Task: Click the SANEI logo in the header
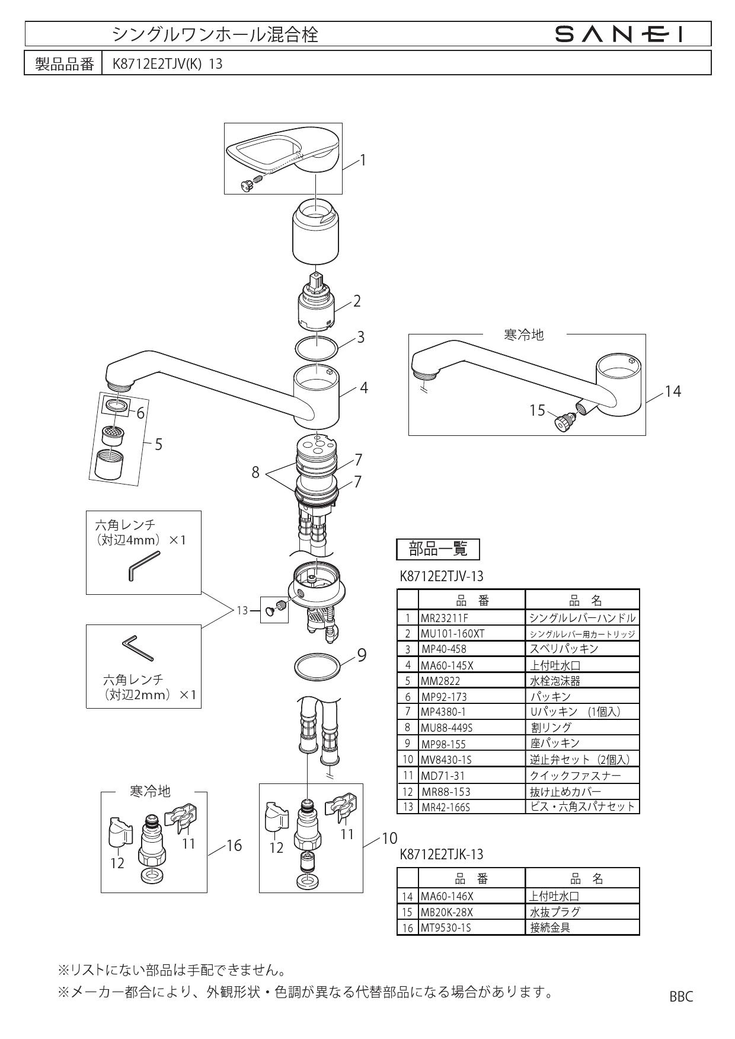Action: point(619,35)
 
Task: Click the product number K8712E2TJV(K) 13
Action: point(168,63)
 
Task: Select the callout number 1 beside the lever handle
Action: point(363,160)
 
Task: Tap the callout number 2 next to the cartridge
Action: point(357,301)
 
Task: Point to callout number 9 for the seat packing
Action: point(362,655)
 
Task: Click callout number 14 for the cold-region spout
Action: point(673,391)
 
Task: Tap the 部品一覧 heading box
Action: point(437,549)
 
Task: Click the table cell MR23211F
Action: point(445,618)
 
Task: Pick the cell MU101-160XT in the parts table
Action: point(452,633)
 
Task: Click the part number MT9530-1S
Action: point(446,928)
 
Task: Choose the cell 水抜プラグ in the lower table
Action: point(555,911)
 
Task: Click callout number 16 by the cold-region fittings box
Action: point(234,846)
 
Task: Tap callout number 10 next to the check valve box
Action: point(389,838)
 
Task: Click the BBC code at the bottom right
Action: point(681,996)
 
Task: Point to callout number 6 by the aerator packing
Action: point(140,413)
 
